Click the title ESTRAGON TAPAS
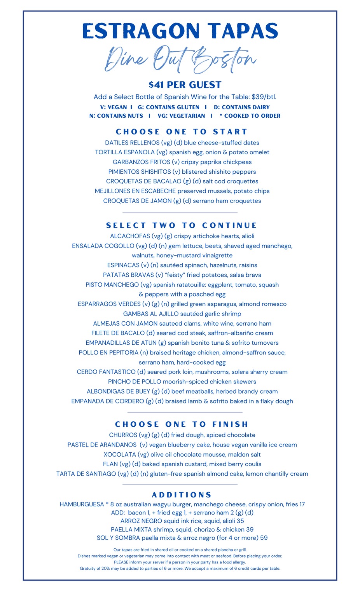coord(180,31)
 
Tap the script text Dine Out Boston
coord(180,59)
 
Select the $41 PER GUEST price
coord(185,85)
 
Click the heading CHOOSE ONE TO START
coord(182,132)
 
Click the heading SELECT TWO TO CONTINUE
coord(182,225)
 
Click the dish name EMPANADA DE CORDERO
coord(108,401)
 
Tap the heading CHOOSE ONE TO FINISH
coord(182,424)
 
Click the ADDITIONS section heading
coord(182,495)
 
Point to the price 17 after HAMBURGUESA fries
coord(302,504)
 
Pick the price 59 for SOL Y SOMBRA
coord(264,538)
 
